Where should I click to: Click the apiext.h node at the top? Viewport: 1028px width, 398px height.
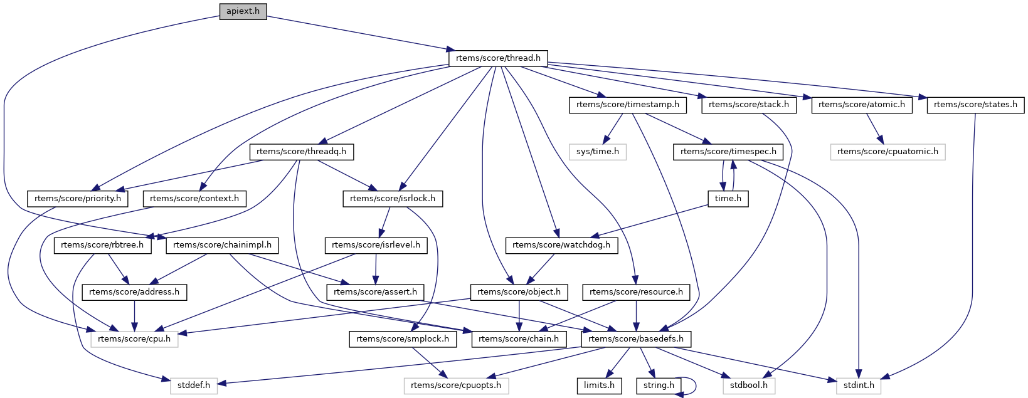pyautogui.click(x=243, y=11)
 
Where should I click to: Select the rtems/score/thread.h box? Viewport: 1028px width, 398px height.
pyautogui.click(x=498, y=58)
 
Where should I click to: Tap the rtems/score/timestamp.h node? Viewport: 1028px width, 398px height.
pyautogui.click(x=627, y=105)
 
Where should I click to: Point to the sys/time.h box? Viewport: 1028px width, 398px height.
pyautogui.click(x=598, y=152)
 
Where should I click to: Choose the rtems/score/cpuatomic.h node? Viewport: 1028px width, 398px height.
pyautogui.click(x=888, y=152)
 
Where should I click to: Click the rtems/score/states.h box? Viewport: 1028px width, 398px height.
pyautogui.click(x=975, y=105)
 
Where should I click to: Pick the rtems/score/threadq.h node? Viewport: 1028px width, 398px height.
pyautogui.click(x=302, y=152)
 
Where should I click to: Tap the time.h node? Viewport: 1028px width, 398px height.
pyautogui.click(x=728, y=199)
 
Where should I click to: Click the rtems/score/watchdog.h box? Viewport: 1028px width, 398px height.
pyautogui.click(x=561, y=245)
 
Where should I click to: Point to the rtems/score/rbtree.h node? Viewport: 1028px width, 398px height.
pyautogui.click(x=103, y=245)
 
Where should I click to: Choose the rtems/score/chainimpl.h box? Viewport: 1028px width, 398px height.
pyautogui.click(x=222, y=245)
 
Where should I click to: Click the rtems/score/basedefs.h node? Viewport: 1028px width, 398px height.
pyautogui.click(x=637, y=339)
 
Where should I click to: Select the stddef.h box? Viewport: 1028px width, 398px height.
pyautogui.click(x=194, y=385)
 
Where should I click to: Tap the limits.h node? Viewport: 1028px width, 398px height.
pyautogui.click(x=599, y=385)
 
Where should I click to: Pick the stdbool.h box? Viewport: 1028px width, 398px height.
pyautogui.click(x=749, y=385)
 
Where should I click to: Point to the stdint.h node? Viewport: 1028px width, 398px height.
pyautogui.click(x=859, y=385)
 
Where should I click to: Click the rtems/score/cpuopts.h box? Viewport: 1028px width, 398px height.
pyautogui.click(x=456, y=385)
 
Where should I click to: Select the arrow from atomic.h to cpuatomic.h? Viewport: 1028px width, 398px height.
pyautogui.click(x=874, y=129)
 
